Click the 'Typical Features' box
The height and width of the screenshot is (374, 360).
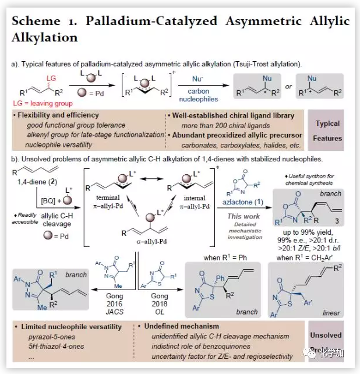click(327, 130)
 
